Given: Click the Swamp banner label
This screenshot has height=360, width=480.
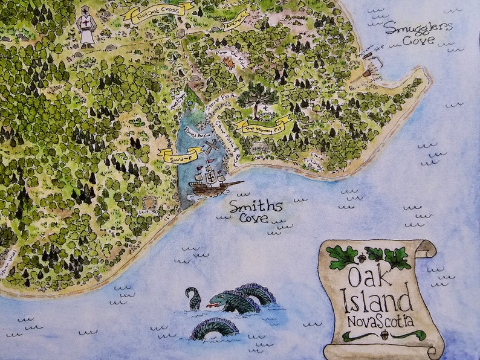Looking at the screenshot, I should [182, 154].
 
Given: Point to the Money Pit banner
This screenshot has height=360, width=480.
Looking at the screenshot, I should [264, 126].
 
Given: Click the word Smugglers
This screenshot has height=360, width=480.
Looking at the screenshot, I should [418, 27].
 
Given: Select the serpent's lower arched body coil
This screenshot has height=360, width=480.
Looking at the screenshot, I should [215, 328].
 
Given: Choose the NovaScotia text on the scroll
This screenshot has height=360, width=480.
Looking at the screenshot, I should [379, 320].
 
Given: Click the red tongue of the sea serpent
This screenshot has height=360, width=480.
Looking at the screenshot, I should [210, 306].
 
